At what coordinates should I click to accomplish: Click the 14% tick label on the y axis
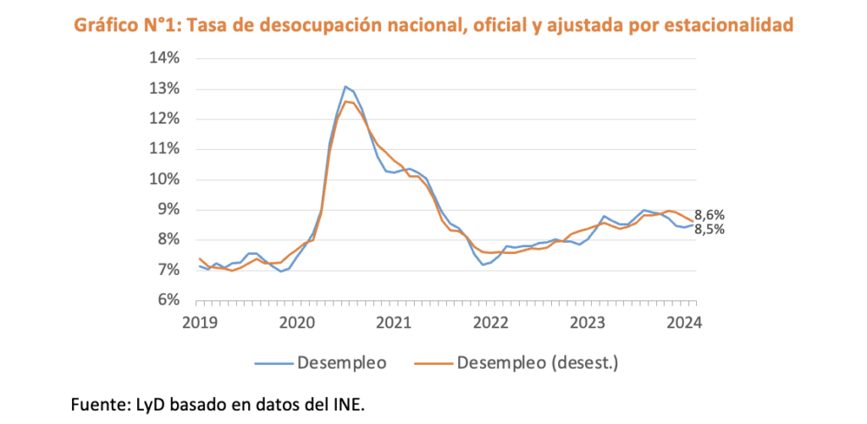pos(164,58)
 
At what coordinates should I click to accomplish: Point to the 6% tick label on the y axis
pos(168,300)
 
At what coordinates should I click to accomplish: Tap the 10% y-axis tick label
pos(164,179)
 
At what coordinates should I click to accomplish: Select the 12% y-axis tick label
pos(164,118)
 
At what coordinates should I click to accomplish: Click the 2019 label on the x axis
pos(200,322)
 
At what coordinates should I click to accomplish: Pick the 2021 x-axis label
pos(394,322)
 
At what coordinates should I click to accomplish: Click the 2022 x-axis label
pos(490,322)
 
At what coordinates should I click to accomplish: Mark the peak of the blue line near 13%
pos(345,86)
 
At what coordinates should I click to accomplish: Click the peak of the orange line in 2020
pos(345,102)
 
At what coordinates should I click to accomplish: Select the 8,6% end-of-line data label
pos(710,215)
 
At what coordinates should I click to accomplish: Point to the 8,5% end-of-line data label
pos(710,229)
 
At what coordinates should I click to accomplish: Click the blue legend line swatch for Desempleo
pos(273,364)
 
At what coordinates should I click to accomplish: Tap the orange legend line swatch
pos(433,364)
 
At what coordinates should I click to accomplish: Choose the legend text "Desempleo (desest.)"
pos(538,363)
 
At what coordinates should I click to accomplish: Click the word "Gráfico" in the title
pos(106,25)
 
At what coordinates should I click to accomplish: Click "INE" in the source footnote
pos(349,405)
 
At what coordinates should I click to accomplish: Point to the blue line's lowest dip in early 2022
pos(483,265)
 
